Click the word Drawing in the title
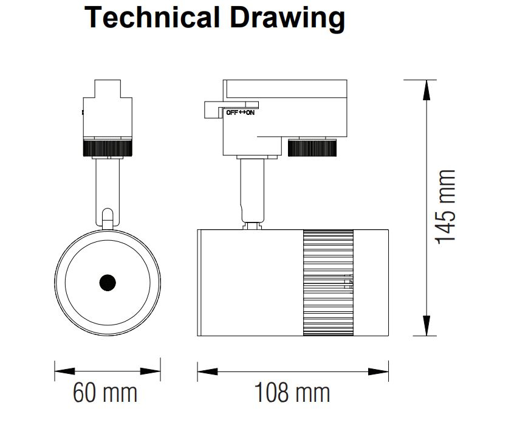287,19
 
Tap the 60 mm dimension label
105,392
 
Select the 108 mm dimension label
292,392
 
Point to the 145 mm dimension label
445,207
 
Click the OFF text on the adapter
232,113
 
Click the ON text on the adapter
250,113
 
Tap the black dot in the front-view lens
108,283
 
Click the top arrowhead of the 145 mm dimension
426,90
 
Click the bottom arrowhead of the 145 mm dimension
426,326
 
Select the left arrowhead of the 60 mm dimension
64,371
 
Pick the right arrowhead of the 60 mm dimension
150,371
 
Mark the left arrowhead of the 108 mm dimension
208,372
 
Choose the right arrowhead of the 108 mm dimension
378,372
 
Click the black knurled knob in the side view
312,148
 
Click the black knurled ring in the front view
108,148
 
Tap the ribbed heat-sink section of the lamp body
328,283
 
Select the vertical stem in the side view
252,191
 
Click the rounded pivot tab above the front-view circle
108,218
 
